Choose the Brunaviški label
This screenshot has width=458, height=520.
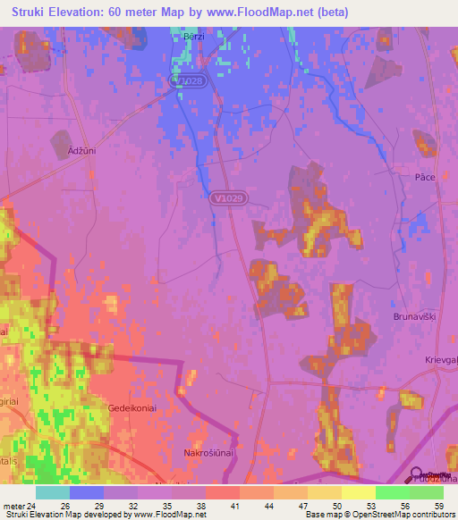pos(413,316)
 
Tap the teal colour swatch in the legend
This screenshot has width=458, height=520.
pos(53,492)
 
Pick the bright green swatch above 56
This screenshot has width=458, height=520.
pos(392,492)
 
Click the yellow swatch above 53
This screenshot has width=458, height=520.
pos(358,492)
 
